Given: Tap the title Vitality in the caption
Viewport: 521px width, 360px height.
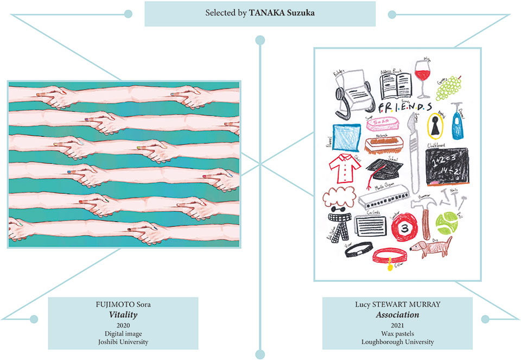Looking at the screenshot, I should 123,315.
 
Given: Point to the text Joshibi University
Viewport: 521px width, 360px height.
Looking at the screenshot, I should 123,342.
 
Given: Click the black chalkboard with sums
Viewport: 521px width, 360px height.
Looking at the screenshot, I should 447,166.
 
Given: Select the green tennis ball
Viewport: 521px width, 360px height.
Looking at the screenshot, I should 446,221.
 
